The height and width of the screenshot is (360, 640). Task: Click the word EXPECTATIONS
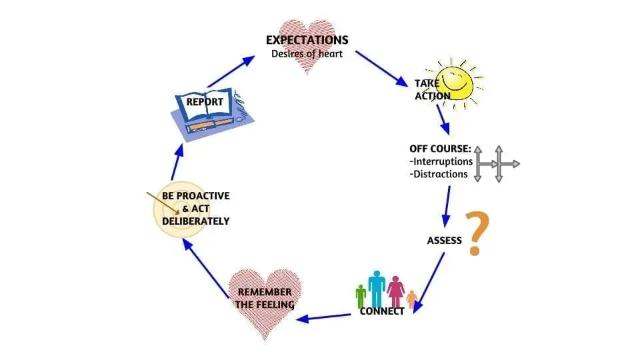click(307, 40)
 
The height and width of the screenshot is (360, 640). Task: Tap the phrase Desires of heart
click(307, 53)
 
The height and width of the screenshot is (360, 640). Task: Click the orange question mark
click(477, 233)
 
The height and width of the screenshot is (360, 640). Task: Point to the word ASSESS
click(444, 241)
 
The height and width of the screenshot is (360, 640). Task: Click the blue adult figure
click(376, 288)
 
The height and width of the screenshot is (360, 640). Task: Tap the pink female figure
click(395, 291)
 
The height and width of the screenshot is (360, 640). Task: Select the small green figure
click(361, 296)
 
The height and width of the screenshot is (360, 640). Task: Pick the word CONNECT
click(381, 311)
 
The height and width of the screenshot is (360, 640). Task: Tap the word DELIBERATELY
click(195, 221)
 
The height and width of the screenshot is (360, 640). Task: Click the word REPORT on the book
click(205, 101)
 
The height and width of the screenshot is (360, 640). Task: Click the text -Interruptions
click(441, 161)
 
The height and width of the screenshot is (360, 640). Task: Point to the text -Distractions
click(439, 174)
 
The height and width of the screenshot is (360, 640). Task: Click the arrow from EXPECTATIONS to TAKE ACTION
click(381, 69)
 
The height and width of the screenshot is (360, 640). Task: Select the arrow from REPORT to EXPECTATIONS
click(231, 72)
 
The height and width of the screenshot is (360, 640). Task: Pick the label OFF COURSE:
click(441, 149)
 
